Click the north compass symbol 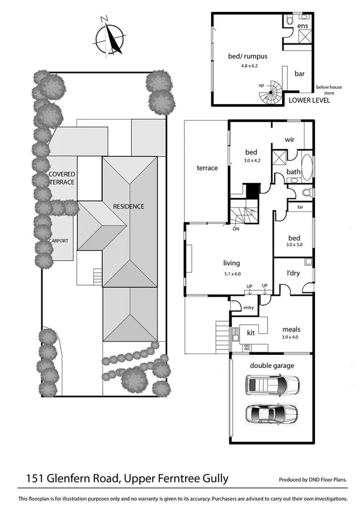pyautogui.click(x=109, y=37)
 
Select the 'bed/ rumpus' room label pyautogui.click(x=247, y=56)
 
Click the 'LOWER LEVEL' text pyautogui.click(x=308, y=100)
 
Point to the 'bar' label pyautogui.click(x=299, y=74)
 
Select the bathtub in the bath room pyautogui.click(x=306, y=169)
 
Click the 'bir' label pyautogui.click(x=299, y=207)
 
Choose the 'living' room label pyautogui.click(x=231, y=263)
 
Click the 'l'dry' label pyautogui.click(x=293, y=273)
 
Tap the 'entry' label pyautogui.click(x=249, y=307)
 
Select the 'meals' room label pyautogui.click(x=291, y=330)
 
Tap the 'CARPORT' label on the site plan pyautogui.click(x=59, y=241)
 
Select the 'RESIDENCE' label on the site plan pyautogui.click(x=129, y=206)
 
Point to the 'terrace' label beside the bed pyautogui.click(x=207, y=168)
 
